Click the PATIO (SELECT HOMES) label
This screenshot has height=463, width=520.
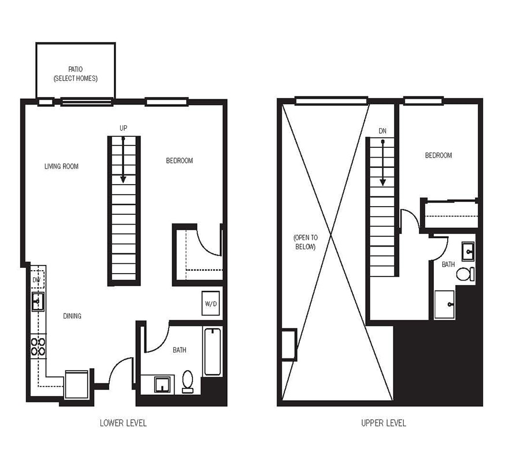(x=75, y=74)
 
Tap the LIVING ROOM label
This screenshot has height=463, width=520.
(x=61, y=167)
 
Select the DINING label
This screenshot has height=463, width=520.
(x=72, y=316)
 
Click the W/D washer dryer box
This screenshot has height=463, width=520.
(x=210, y=303)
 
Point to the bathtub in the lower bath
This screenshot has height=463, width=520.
(x=213, y=352)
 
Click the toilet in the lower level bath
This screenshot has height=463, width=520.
(x=188, y=382)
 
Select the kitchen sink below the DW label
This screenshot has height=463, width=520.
(x=38, y=301)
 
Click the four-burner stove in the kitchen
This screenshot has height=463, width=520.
(x=38, y=346)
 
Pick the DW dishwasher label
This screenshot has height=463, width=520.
(x=36, y=281)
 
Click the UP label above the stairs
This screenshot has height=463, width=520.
(x=123, y=128)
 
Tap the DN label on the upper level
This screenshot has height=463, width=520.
(x=382, y=132)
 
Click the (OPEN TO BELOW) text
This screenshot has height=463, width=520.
(x=304, y=242)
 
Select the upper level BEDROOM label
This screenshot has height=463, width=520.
(x=439, y=155)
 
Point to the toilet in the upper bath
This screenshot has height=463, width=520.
(x=465, y=273)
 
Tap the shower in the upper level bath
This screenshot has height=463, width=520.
(x=444, y=304)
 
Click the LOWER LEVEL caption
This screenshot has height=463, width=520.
(x=123, y=423)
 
